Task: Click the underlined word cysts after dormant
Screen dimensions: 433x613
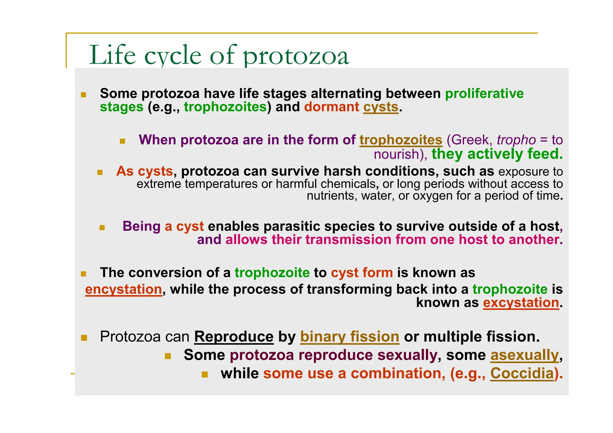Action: click(x=381, y=107)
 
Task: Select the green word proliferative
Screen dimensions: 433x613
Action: click(x=484, y=94)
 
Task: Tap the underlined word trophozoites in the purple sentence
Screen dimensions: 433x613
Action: click(x=400, y=140)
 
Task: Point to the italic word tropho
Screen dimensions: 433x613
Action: click(x=516, y=140)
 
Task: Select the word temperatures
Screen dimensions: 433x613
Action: click(x=221, y=184)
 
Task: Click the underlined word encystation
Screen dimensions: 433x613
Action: click(x=123, y=289)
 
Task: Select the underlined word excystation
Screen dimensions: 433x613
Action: click(x=521, y=303)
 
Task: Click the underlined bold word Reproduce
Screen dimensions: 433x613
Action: click(x=234, y=337)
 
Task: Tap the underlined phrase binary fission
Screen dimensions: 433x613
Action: click(x=349, y=337)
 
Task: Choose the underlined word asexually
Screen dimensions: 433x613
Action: click(x=524, y=355)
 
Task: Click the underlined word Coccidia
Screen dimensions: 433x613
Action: click(x=522, y=373)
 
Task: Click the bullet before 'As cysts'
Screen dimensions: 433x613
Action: click(x=100, y=172)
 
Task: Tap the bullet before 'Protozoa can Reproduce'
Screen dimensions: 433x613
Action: click(x=84, y=338)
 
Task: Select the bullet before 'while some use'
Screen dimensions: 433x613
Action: click(x=205, y=375)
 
